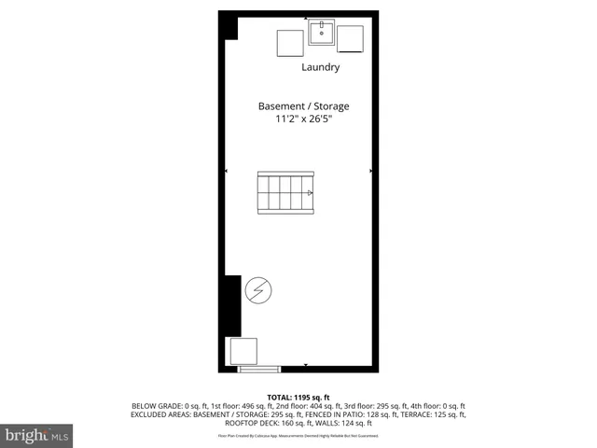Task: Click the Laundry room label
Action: click(x=320, y=67)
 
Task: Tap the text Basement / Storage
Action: click(x=304, y=106)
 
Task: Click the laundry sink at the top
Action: click(x=322, y=34)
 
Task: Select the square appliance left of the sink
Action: click(x=289, y=44)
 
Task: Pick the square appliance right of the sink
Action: click(x=350, y=40)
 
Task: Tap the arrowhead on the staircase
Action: click(x=310, y=192)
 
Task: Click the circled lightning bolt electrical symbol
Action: click(x=258, y=291)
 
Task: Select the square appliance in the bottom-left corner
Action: click(x=244, y=351)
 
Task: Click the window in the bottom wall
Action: click(x=259, y=370)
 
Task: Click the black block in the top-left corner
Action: click(x=230, y=27)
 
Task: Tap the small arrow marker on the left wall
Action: click(x=226, y=171)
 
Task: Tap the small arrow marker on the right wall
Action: click(x=371, y=171)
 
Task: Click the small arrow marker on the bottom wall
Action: click(x=307, y=365)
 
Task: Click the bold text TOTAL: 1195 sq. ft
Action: click(x=298, y=397)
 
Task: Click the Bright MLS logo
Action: click(x=37, y=436)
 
